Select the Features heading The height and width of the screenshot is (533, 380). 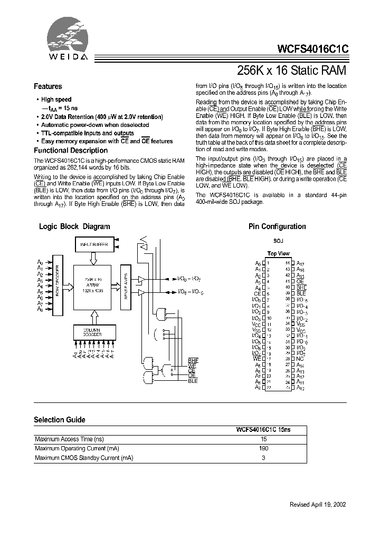click(x=48, y=86)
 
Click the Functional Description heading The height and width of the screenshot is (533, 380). click(x=71, y=150)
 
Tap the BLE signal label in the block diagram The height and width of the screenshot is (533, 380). click(x=193, y=381)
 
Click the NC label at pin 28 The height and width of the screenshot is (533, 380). click(x=300, y=358)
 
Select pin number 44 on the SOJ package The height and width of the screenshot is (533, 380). click(x=287, y=262)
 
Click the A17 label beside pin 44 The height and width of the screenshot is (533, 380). click(x=300, y=262)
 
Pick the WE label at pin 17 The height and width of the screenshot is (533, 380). click(x=257, y=358)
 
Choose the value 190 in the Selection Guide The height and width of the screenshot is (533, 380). click(x=264, y=448)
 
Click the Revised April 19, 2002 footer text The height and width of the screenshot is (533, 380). click(x=318, y=504)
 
